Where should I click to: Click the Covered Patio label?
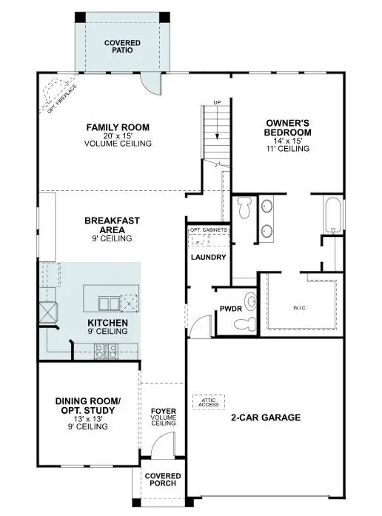[122, 48]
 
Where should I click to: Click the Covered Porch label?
[162, 480]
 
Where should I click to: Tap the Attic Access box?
[208, 401]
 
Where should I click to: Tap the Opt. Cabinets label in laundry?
[207, 231]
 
